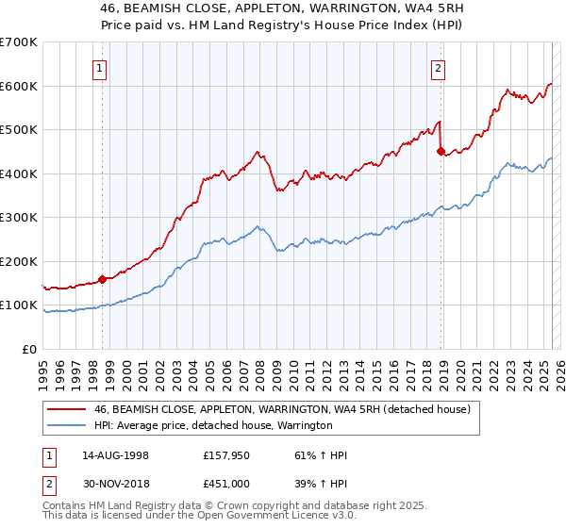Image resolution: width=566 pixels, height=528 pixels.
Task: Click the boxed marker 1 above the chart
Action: [99, 67]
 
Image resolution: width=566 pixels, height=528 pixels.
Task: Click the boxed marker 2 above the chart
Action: [439, 67]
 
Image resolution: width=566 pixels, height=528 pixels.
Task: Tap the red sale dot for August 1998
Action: [102, 279]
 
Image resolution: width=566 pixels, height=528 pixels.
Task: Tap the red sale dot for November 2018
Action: [441, 151]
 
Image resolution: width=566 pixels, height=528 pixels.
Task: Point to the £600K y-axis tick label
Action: [18, 86]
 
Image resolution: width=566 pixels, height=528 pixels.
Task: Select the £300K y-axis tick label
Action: [18, 218]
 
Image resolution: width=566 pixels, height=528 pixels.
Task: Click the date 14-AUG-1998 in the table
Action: [114, 455]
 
